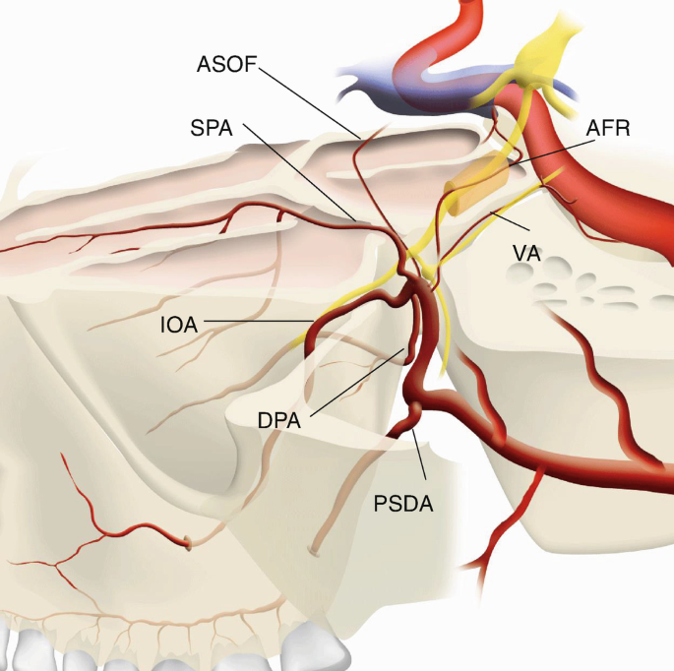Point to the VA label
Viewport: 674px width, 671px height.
click(x=526, y=253)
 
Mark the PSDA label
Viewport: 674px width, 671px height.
click(x=403, y=505)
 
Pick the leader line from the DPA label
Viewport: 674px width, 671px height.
click(x=354, y=384)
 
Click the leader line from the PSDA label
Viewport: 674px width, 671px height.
click(x=421, y=457)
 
